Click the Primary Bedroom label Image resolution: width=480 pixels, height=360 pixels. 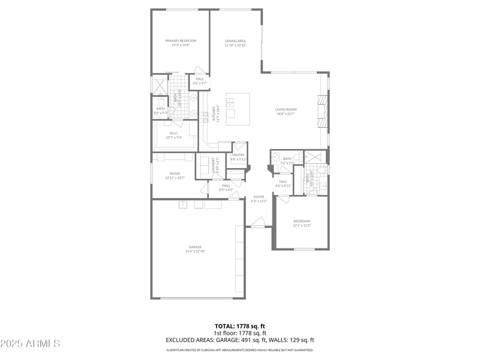point(181,43)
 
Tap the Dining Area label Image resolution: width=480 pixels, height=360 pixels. point(235,43)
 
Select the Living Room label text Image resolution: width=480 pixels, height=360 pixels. point(286,111)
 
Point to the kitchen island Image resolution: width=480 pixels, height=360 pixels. point(238,109)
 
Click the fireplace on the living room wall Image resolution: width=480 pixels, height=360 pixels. point(322,112)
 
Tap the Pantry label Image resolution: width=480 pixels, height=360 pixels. point(239,157)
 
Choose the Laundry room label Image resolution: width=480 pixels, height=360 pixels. point(213,166)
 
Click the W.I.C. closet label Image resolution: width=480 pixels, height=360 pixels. point(174,135)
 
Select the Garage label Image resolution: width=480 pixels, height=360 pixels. point(195,249)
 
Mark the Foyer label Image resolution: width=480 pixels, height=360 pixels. point(259,199)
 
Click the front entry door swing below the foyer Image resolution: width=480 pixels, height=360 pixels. point(258,223)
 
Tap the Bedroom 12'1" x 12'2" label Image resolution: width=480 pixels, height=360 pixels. point(301,223)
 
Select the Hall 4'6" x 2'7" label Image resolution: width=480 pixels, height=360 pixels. point(199,80)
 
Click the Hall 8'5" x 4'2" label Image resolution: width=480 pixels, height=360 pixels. point(226,187)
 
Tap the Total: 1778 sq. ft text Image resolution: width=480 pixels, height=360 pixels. point(240,326)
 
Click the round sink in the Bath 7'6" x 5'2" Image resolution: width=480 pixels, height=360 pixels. point(277,158)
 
